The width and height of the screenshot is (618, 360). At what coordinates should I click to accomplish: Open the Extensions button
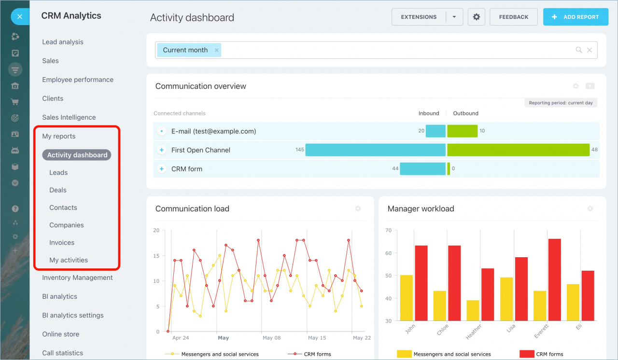coord(419,17)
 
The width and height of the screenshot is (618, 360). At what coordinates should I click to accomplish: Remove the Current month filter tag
coord(217,50)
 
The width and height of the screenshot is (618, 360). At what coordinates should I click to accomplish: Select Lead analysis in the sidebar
coord(63,42)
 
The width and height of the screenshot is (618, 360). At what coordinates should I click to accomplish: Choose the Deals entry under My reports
coord(58,190)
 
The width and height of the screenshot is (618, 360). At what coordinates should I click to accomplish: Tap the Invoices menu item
coord(62,243)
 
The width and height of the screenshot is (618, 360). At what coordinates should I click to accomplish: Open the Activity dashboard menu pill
coord(77,155)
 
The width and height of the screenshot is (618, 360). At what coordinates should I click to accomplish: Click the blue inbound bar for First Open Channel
coord(375,150)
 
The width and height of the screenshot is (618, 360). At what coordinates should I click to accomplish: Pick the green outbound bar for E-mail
coord(462,131)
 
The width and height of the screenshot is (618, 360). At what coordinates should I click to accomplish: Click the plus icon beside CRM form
coord(162,169)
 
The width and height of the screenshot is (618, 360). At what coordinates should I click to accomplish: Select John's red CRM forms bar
coord(421,283)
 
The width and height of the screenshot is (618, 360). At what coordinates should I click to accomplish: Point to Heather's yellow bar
coord(473,310)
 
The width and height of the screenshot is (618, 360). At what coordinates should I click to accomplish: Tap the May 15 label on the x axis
coord(317,338)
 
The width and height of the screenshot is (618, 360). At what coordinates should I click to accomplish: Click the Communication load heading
coord(192,209)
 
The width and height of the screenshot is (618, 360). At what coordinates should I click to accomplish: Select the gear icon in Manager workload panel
coord(590,209)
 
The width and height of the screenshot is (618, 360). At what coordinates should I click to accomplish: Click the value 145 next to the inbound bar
coord(300,150)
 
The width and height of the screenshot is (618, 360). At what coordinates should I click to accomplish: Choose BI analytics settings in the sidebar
coord(73,315)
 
